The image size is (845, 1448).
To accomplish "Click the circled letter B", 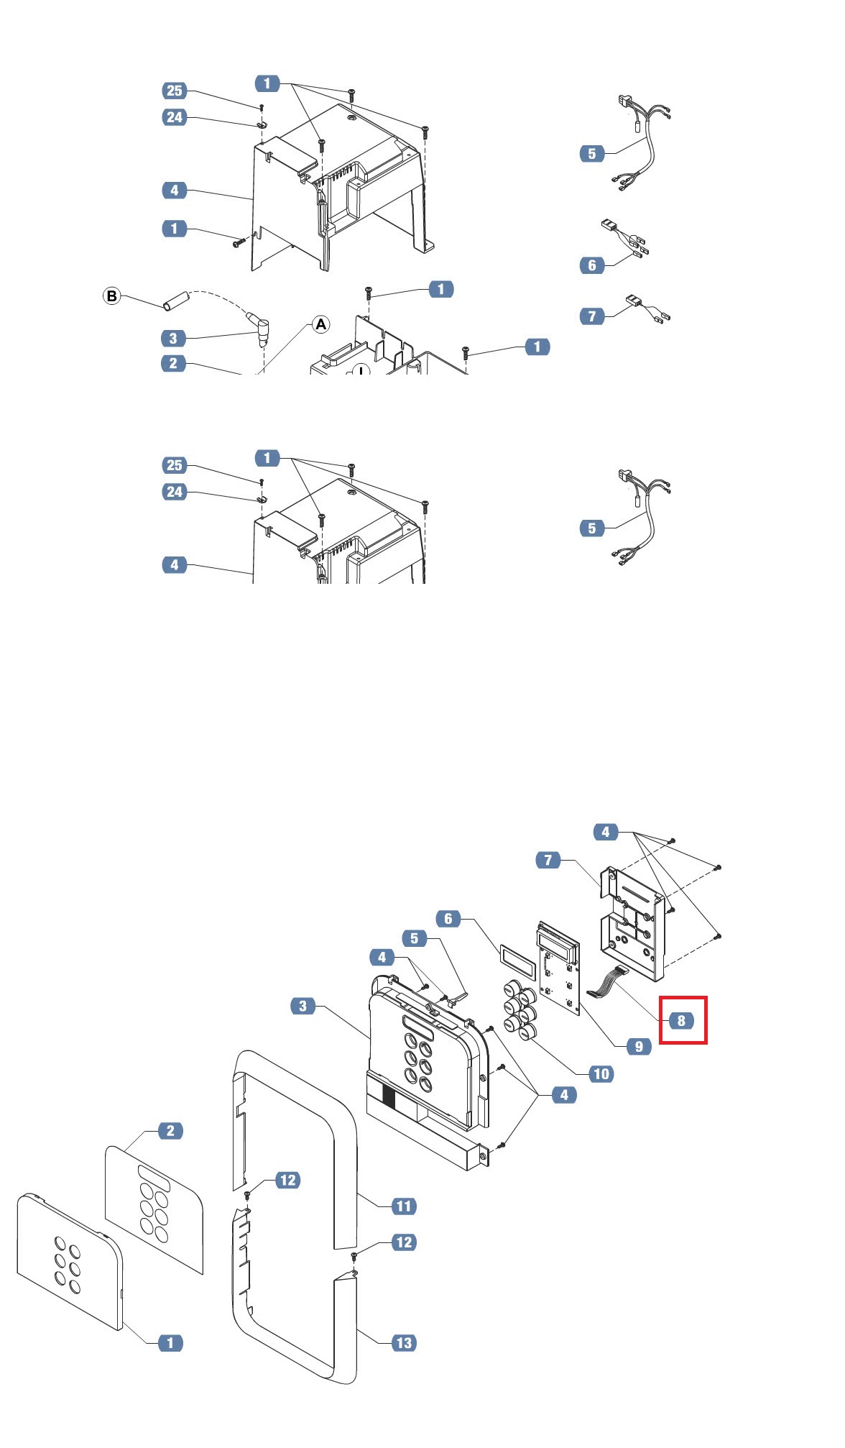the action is [x=111, y=296].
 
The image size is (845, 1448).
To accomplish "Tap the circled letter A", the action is [x=320, y=324].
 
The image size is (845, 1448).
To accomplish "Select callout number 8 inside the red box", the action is [x=681, y=1020].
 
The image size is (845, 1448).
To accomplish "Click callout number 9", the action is [x=639, y=1046].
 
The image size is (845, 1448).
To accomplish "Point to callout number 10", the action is [x=601, y=1074].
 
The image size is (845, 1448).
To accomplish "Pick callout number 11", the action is [x=404, y=1206].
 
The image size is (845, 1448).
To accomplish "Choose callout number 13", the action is [x=404, y=1342].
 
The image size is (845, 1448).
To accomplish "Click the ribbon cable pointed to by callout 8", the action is [x=607, y=982].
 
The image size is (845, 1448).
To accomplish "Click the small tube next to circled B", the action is [x=175, y=301].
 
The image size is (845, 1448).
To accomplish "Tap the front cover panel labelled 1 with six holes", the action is [x=70, y=1262].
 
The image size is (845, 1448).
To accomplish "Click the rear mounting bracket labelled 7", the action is [x=633, y=924].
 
